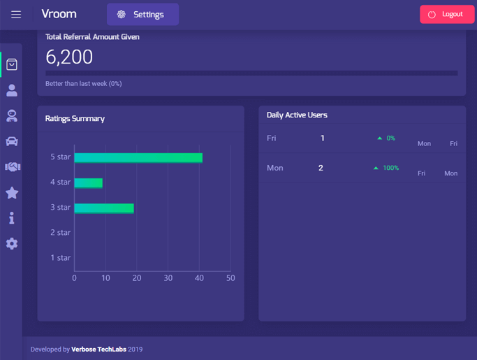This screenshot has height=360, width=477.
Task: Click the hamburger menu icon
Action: click(x=16, y=15)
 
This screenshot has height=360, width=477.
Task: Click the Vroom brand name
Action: click(x=59, y=14)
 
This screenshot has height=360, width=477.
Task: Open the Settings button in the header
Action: click(x=142, y=15)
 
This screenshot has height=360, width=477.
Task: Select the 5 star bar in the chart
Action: click(x=138, y=157)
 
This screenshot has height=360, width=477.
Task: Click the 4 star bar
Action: click(x=89, y=182)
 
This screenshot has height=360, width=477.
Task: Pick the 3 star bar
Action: click(x=104, y=208)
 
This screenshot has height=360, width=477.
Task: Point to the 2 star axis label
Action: click(x=60, y=233)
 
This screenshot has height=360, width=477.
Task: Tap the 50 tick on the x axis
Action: click(x=230, y=278)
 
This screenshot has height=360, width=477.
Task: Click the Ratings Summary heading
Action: click(x=75, y=119)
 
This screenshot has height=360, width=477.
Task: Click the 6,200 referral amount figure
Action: click(x=69, y=57)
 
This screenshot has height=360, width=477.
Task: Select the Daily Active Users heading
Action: click(x=297, y=115)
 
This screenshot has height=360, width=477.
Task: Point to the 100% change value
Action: click(x=390, y=168)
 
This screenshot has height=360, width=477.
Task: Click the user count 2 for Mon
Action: click(x=321, y=168)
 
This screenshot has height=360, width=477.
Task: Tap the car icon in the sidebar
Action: click(x=12, y=141)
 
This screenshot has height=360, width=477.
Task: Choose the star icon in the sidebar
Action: click(x=12, y=193)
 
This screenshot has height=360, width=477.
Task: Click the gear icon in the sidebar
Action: click(x=12, y=244)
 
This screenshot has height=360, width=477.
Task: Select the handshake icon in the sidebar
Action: click(x=12, y=167)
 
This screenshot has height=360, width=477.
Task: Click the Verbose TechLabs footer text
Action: click(x=98, y=350)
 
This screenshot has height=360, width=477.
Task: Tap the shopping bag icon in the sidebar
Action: click(x=12, y=64)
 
